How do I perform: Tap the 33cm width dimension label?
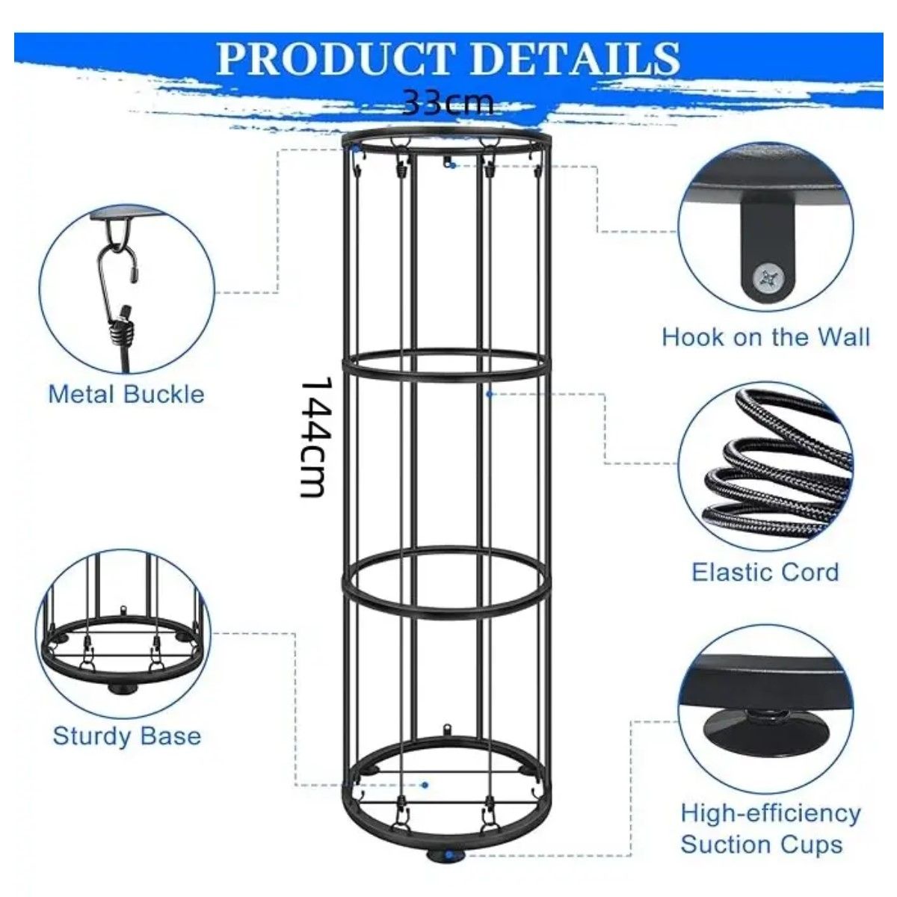[447, 102]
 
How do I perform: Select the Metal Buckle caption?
[126, 394]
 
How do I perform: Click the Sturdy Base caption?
[126, 737]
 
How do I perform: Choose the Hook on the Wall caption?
[765, 337]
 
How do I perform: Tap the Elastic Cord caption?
[765, 572]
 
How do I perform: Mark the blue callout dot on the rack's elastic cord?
[489, 394]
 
